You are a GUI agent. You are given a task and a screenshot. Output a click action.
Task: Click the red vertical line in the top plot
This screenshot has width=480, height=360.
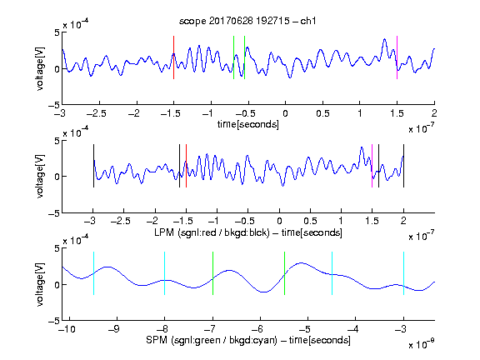[173, 57]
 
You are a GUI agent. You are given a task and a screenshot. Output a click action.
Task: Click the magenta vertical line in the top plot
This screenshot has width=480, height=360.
[397, 57]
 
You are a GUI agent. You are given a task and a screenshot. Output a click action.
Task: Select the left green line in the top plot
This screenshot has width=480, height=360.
[233, 57]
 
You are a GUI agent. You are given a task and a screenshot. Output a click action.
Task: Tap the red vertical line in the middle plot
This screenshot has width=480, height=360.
[186, 166]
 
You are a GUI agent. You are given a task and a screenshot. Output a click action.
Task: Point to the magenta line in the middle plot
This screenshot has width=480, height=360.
[372, 166]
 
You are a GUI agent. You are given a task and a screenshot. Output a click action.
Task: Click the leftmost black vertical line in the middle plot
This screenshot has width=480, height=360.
[93, 166]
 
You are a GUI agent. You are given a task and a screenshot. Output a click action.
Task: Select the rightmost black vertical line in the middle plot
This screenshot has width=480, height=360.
[404, 166]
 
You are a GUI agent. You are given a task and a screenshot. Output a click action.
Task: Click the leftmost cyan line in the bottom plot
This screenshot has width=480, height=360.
[93, 273]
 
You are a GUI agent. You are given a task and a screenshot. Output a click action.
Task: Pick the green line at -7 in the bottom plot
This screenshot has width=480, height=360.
[212, 273]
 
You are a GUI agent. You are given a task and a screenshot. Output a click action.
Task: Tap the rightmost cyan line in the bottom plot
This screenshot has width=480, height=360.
[404, 273]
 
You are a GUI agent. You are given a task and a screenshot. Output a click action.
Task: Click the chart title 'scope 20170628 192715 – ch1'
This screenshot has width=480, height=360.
[247, 21]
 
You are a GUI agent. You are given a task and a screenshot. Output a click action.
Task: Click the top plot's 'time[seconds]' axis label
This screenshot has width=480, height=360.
[248, 124]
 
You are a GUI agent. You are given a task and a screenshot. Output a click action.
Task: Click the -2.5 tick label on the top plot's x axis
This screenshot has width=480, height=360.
[97, 113]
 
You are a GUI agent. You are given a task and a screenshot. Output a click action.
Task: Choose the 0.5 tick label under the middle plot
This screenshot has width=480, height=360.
[310, 221]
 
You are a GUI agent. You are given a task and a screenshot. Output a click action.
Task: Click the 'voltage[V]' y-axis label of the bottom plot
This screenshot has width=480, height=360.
[40, 284]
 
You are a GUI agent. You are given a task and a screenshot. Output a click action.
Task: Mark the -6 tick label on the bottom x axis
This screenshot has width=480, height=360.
[257, 329]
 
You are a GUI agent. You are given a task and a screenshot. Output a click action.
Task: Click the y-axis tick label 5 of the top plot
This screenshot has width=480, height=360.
[57, 32]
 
